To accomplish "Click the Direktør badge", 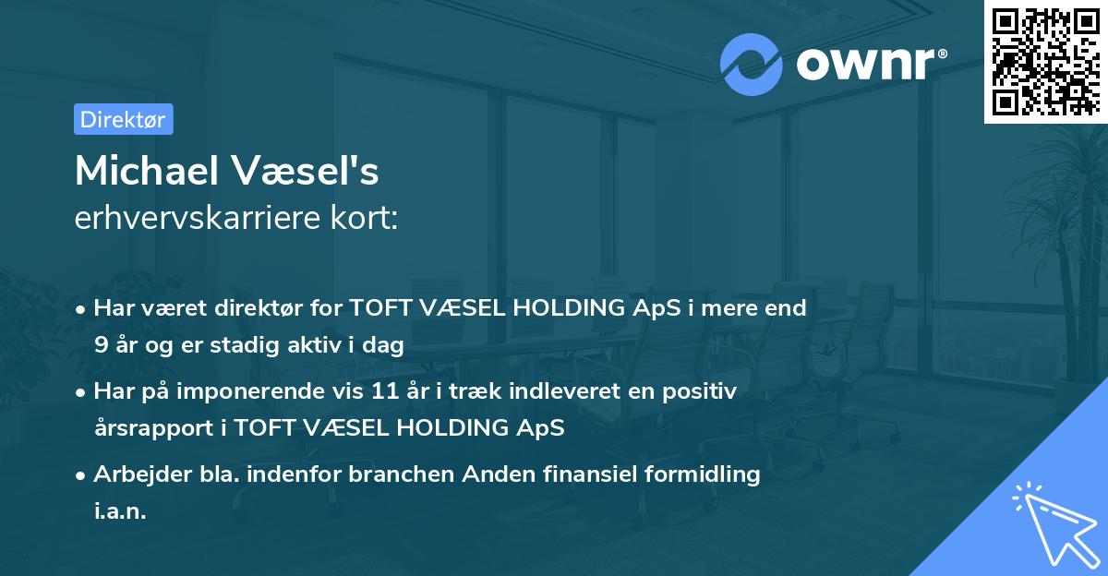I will point(123,119).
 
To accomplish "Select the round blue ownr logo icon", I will point(752,64).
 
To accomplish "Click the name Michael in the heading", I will point(141,171).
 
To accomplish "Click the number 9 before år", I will point(100,346).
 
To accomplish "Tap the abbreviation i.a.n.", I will point(120,510).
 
